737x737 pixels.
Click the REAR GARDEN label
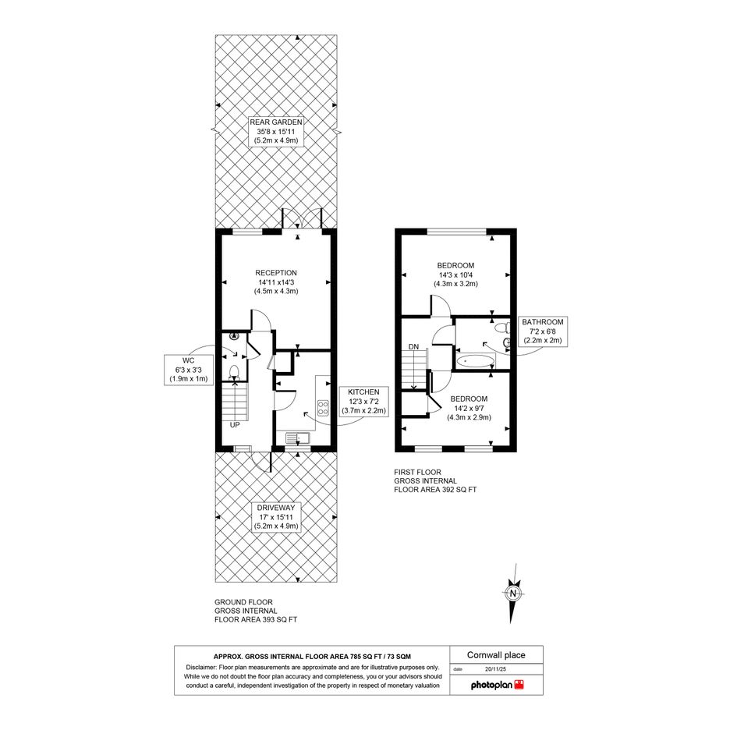(x=276, y=131)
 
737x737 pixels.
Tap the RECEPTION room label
(x=276, y=282)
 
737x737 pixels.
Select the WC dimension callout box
(x=189, y=370)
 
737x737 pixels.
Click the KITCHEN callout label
(x=363, y=402)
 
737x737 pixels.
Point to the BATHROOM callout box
(x=542, y=331)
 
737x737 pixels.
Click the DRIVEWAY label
(x=276, y=517)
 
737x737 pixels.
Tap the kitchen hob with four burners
(x=323, y=407)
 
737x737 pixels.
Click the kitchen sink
(x=297, y=438)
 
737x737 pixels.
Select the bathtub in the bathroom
(x=475, y=361)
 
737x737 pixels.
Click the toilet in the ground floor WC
(x=234, y=372)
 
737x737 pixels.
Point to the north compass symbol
(x=513, y=593)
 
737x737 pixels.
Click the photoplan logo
(x=498, y=685)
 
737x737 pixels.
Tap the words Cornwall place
(x=496, y=655)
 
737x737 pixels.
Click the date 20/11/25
(x=495, y=669)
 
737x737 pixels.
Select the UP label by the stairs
(x=235, y=425)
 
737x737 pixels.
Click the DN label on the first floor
(x=413, y=347)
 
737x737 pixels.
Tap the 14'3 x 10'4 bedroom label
(x=456, y=275)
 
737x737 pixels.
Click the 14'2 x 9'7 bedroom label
(x=469, y=408)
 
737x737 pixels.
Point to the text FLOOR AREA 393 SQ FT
(x=256, y=619)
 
